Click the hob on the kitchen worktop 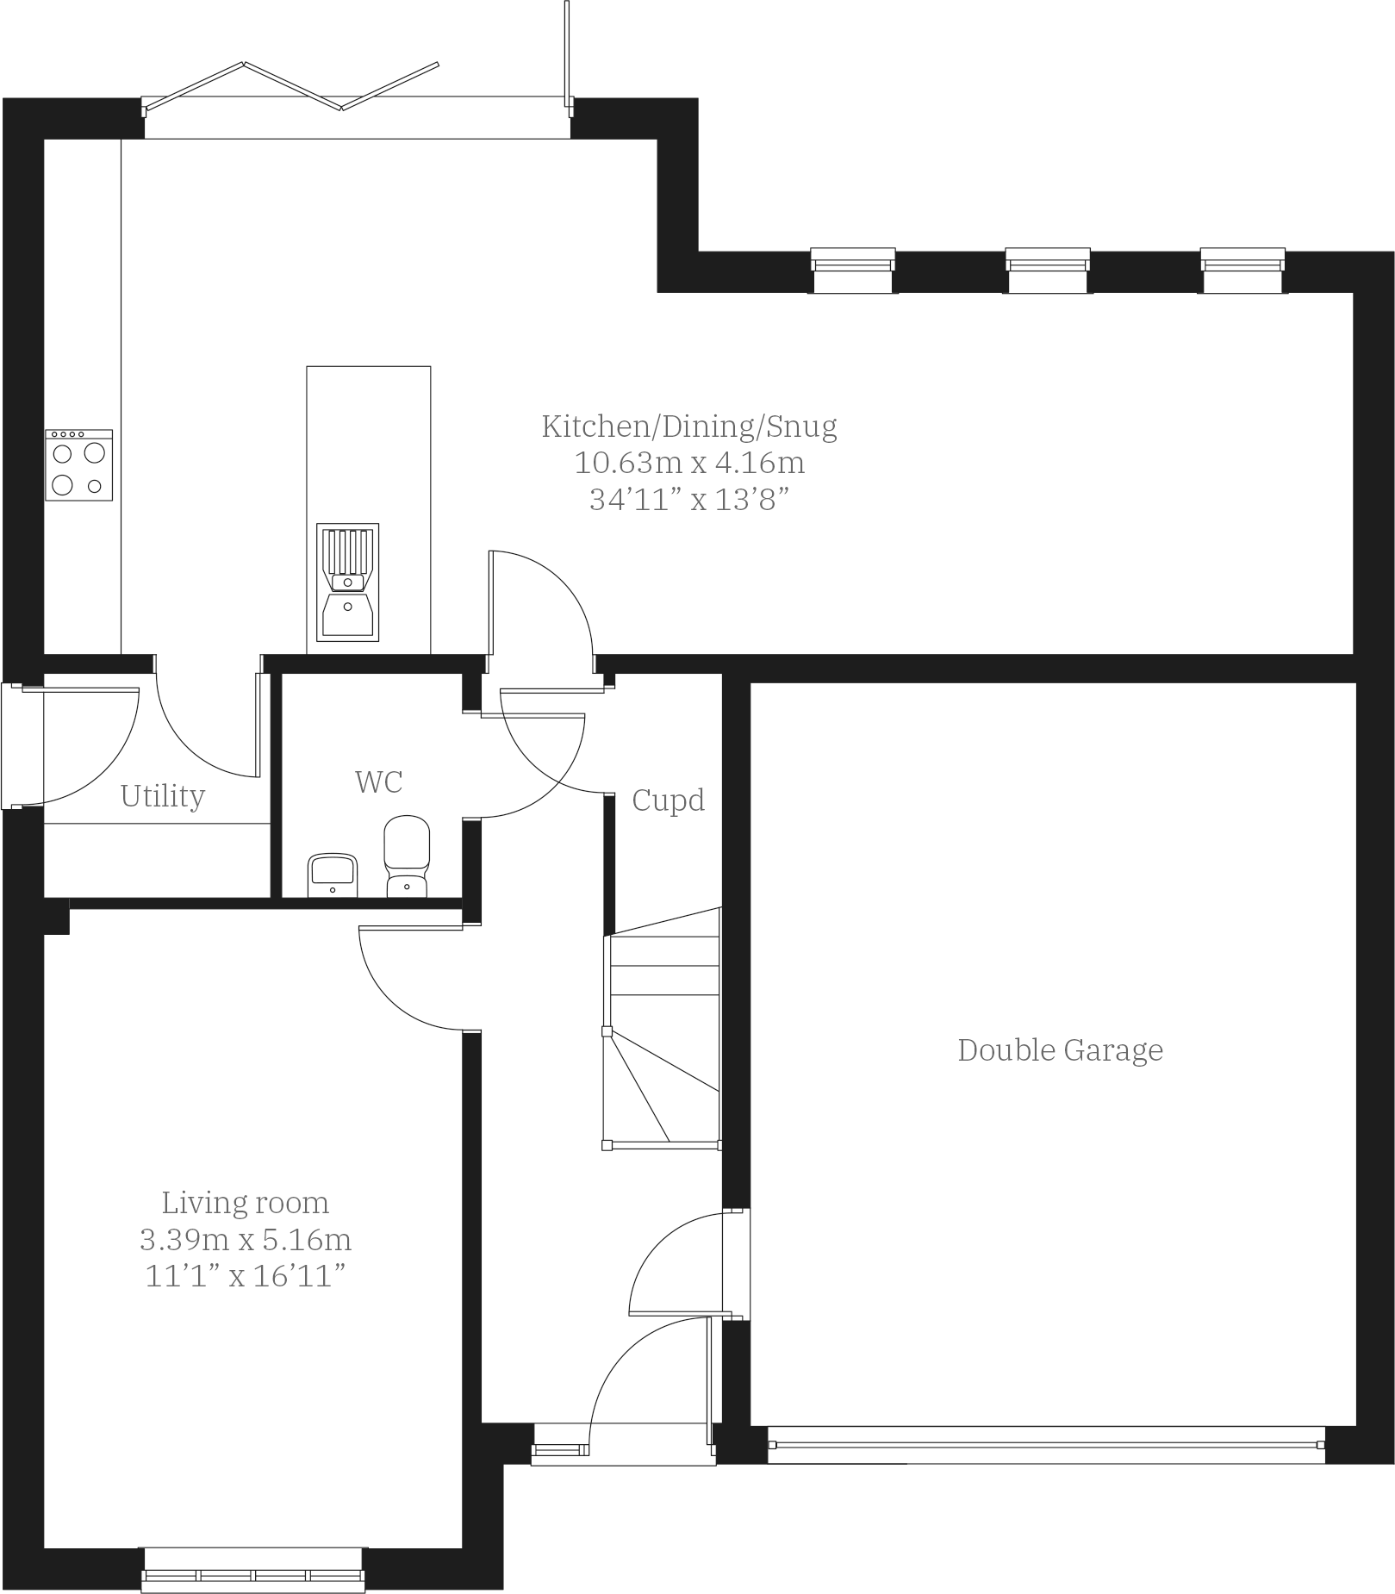tap(78, 464)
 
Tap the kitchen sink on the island tap(347, 582)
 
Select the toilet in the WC tap(407, 856)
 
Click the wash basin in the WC tap(333, 874)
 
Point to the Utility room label tap(163, 795)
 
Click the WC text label tap(379, 781)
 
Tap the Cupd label tap(668, 800)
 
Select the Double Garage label tap(1060, 1049)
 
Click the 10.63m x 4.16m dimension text tap(689, 463)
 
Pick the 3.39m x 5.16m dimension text tap(246, 1239)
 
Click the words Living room tap(246, 1202)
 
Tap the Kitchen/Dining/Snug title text tap(689, 426)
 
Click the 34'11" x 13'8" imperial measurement tap(689, 500)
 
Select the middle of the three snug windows tap(1047, 270)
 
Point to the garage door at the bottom tap(1046, 1445)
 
